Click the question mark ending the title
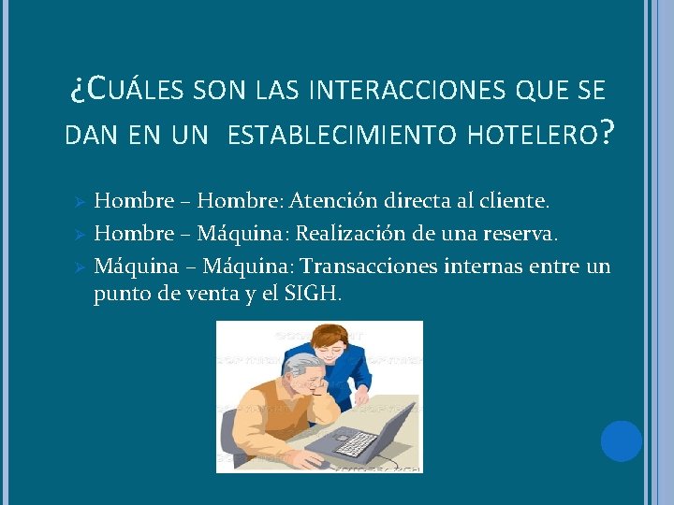coord(608,133)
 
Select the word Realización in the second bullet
coord(354,233)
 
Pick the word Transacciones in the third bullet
coord(368,267)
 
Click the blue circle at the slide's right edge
coord(621,441)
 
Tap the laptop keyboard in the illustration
coord(356,442)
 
